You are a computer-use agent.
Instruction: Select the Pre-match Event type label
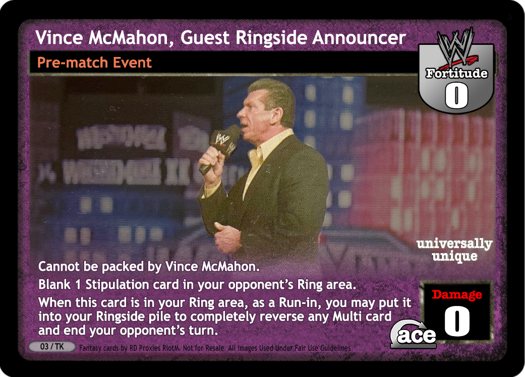coord(94,62)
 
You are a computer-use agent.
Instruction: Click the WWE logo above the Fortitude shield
coord(456,46)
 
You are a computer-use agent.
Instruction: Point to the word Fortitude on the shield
coord(456,73)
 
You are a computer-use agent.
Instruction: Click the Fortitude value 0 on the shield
coord(456,95)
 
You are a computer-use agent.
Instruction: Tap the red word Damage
coord(457,294)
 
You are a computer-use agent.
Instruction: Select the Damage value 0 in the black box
coord(457,321)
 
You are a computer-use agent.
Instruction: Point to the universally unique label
coord(454,249)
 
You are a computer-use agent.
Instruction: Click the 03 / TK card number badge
coord(52,347)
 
